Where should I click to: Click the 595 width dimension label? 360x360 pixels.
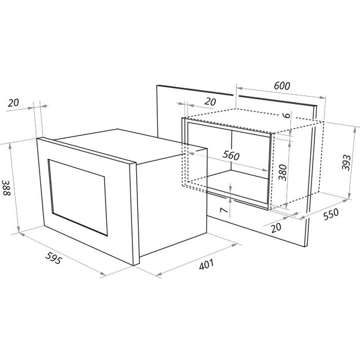tap(54, 258)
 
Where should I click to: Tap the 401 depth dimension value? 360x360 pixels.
tap(206, 264)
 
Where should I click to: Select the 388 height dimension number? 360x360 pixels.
tap(7, 188)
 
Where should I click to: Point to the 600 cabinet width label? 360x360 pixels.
tap(282, 86)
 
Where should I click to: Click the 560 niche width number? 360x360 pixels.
tap(231, 155)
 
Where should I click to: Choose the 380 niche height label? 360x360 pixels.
tap(283, 173)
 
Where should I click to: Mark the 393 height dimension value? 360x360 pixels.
tap(346, 163)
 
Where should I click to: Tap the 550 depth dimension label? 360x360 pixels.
tap(331, 214)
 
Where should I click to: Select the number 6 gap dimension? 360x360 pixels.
tap(287, 115)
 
